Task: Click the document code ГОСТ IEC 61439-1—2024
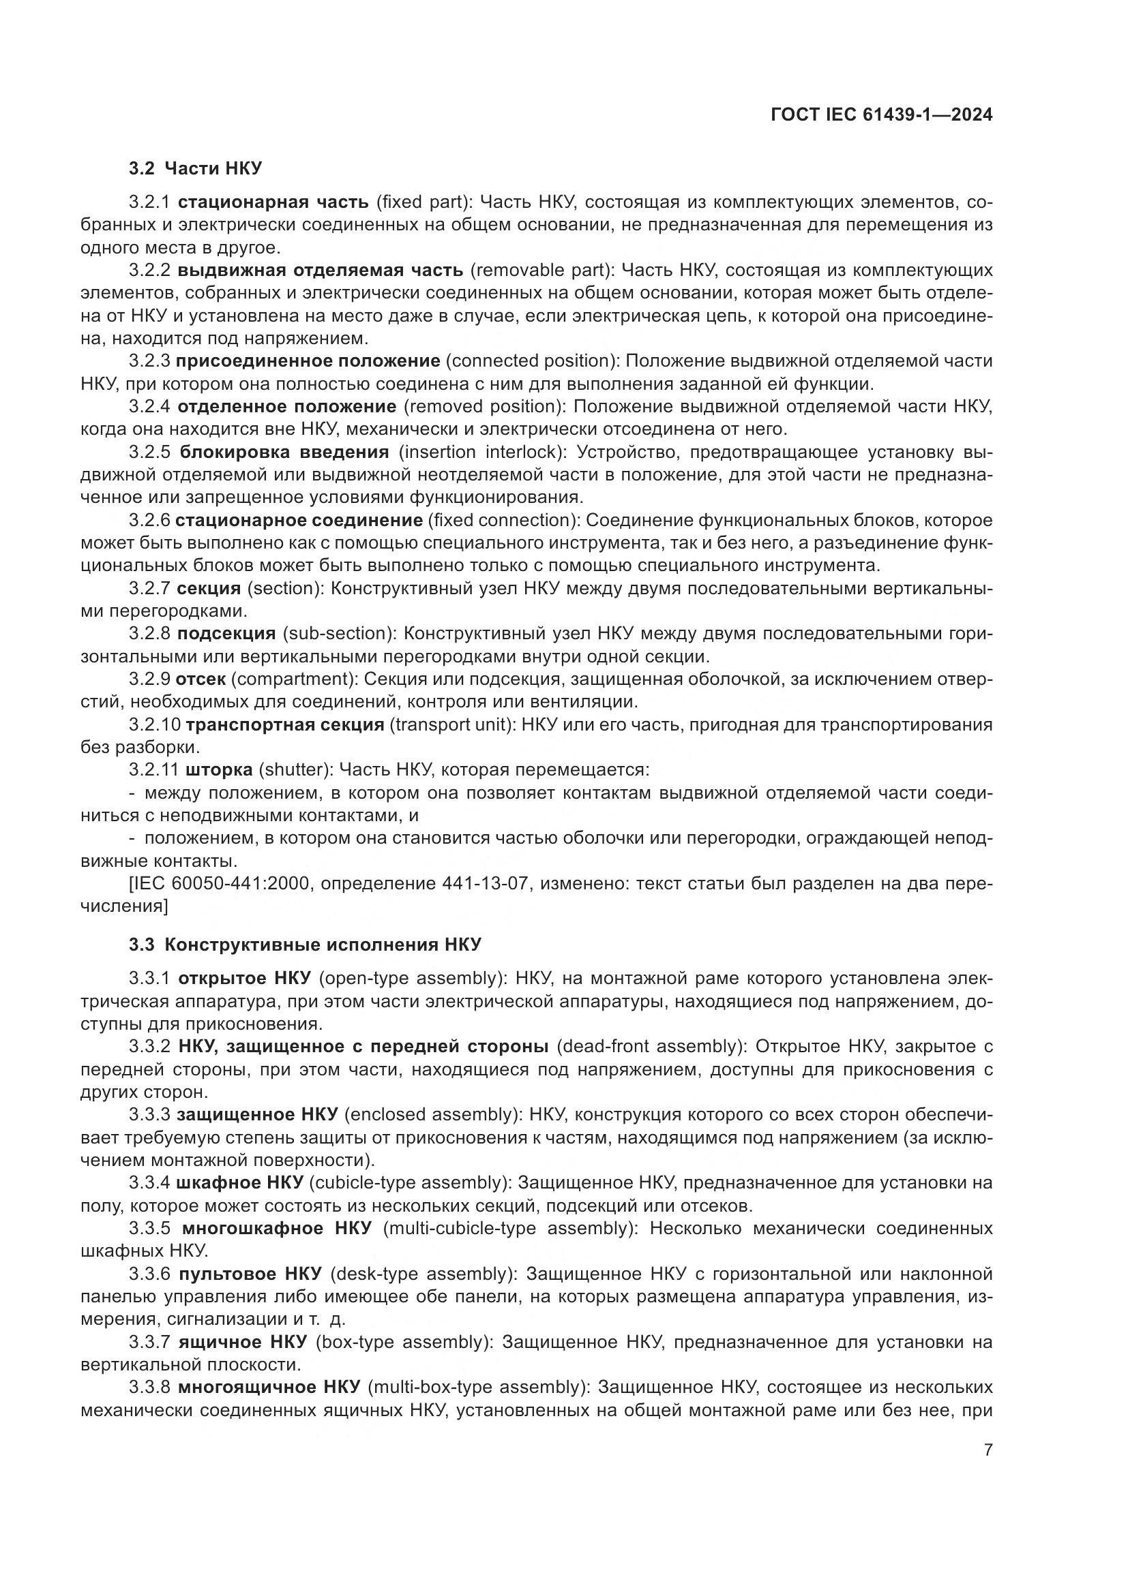tap(880, 115)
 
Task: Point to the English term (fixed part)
tap(424, 202)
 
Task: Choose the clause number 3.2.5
tap(149, 453)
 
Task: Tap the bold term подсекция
tap(226, 634)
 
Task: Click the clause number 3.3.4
tap(149, 1182)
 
